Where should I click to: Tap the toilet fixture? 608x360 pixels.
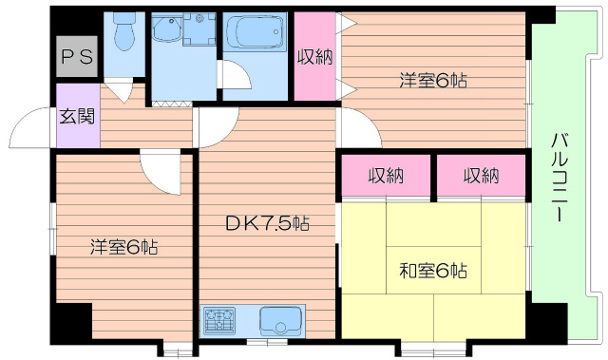pos(123,33)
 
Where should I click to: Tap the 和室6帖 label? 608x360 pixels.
pos(432,270)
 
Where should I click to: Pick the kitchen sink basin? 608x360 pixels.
pos(279,319)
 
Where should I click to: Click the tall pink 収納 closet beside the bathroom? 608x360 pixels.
pos(314,57)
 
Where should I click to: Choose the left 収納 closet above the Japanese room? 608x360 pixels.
pos(387,176)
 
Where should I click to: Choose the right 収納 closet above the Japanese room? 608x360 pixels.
pos(482,176)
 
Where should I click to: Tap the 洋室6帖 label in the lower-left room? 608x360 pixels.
pos(123,247)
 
